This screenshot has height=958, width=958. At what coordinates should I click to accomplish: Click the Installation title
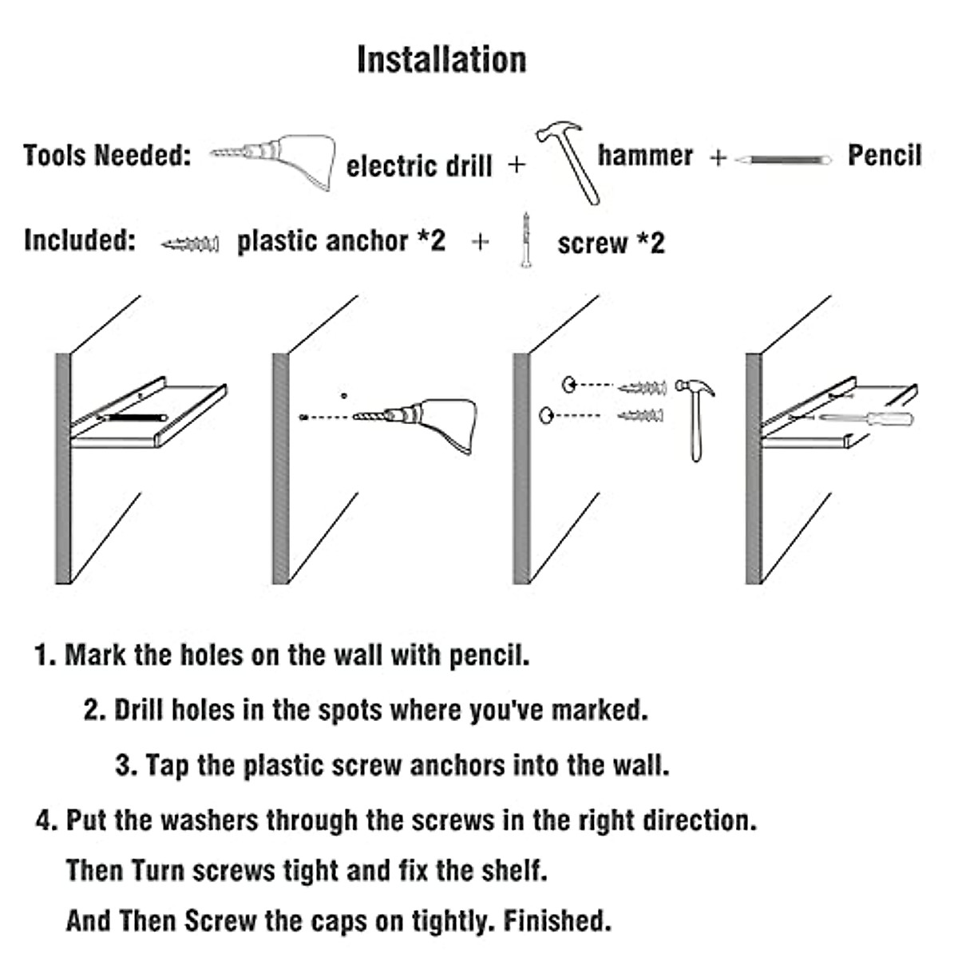tap(441, 60)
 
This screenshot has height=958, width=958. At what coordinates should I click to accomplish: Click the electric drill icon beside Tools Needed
tap(275, 160)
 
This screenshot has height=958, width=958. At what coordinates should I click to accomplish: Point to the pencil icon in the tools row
tap(783, 160)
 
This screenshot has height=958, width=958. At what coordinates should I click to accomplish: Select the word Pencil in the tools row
tap(884, 155)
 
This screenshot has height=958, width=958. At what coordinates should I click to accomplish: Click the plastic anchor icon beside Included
tap(190, 243)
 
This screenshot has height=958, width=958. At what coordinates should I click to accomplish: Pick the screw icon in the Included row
tap(525, 239)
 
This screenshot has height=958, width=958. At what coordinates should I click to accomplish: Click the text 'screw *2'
tap(611, 243)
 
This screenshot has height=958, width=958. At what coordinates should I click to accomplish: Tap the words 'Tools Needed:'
tap(107, 155)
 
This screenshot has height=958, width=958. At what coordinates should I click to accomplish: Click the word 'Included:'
tap(80, 240)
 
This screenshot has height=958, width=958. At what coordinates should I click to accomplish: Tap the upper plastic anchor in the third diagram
tap(643, 388)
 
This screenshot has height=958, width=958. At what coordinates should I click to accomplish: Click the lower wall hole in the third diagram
tap(547, 414)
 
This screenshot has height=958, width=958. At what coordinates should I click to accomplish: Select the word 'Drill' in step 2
tap(141, 710)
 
